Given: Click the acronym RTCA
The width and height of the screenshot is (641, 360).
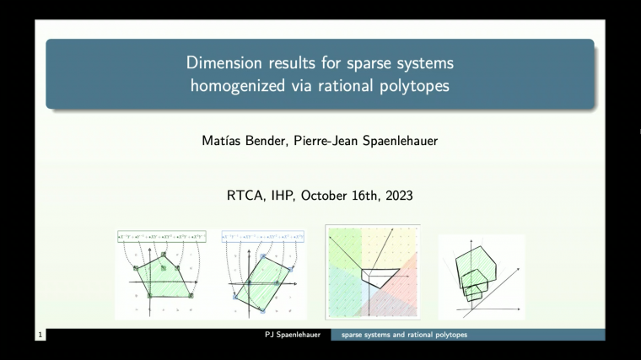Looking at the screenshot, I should (x=245, y=196).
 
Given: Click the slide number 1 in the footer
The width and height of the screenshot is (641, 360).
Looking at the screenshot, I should (x=40, y=336).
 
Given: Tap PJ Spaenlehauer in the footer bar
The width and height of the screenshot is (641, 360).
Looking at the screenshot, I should (x=293, y=336).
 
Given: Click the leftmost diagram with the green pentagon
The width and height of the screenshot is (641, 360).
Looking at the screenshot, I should (x=161, y=274).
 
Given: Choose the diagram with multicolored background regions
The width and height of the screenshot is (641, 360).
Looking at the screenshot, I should (x=372, y=271).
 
